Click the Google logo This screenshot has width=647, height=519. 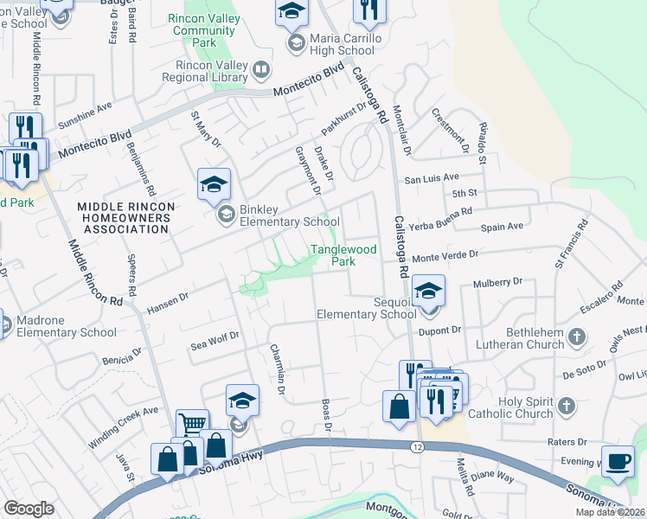pos(29,508)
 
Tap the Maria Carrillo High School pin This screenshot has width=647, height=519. pos(292,12)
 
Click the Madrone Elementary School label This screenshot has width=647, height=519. pos(67,327)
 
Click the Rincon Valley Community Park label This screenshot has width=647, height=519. pos(204,30)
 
